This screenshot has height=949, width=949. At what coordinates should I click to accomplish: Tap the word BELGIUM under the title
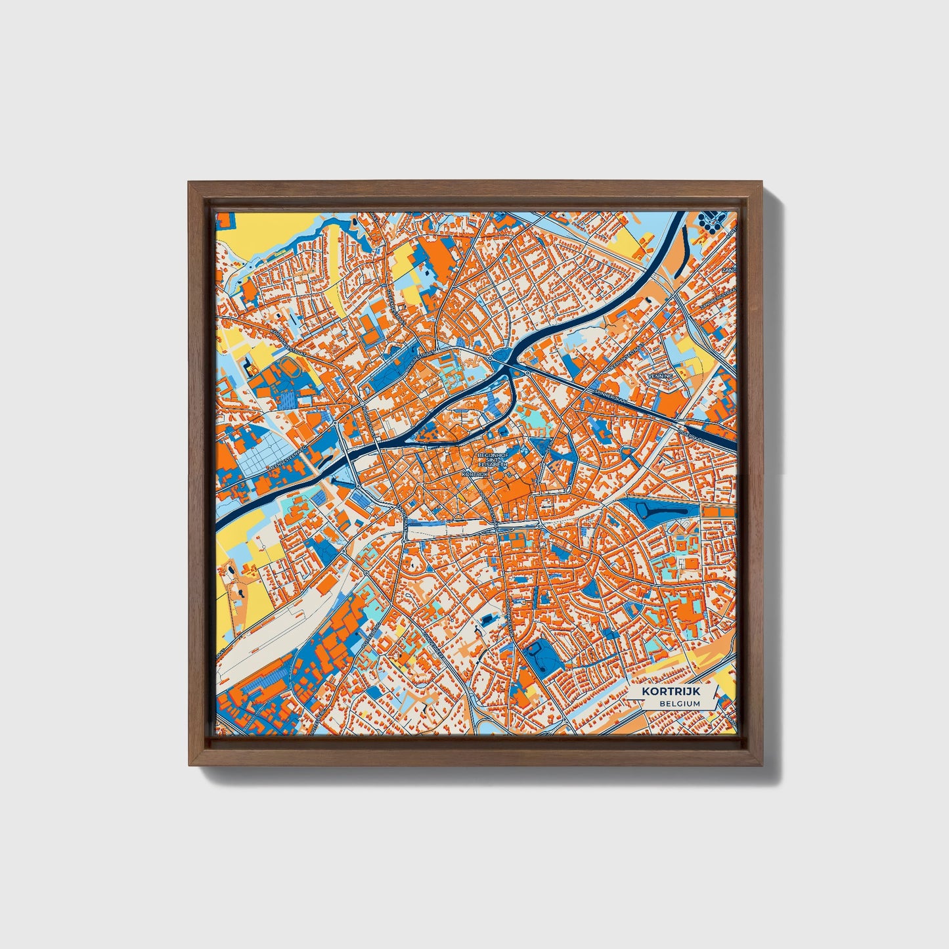tap(680, 703)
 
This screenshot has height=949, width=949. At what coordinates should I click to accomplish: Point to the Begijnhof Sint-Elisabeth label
tap(492, 459)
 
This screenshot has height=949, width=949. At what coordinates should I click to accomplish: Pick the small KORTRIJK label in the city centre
tap(475, 473)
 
